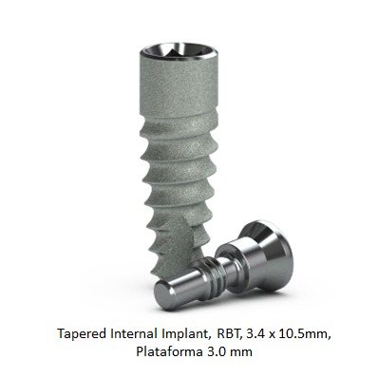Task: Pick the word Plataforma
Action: click(x=167, y=351)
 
